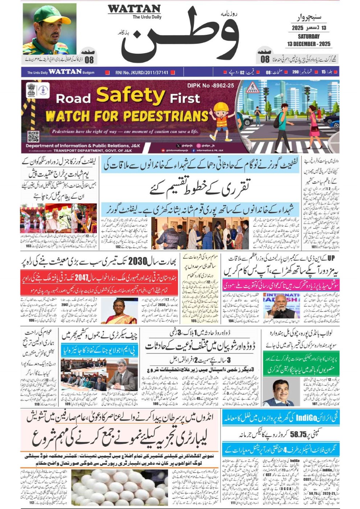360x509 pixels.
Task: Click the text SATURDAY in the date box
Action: click(x=308, y=36)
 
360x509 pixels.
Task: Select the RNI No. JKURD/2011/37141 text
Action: click(x=142, y=73)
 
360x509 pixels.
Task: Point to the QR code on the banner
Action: click(x=33, y=137)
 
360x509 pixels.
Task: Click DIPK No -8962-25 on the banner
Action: click(x=210, y=86)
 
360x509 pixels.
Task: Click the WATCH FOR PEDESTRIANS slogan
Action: click(x=127, y=116)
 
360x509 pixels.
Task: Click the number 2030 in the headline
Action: click(x=138, y=261)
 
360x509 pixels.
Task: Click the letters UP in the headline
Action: click(x=331, y=258)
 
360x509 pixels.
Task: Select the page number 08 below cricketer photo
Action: click(x=89, y=60)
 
